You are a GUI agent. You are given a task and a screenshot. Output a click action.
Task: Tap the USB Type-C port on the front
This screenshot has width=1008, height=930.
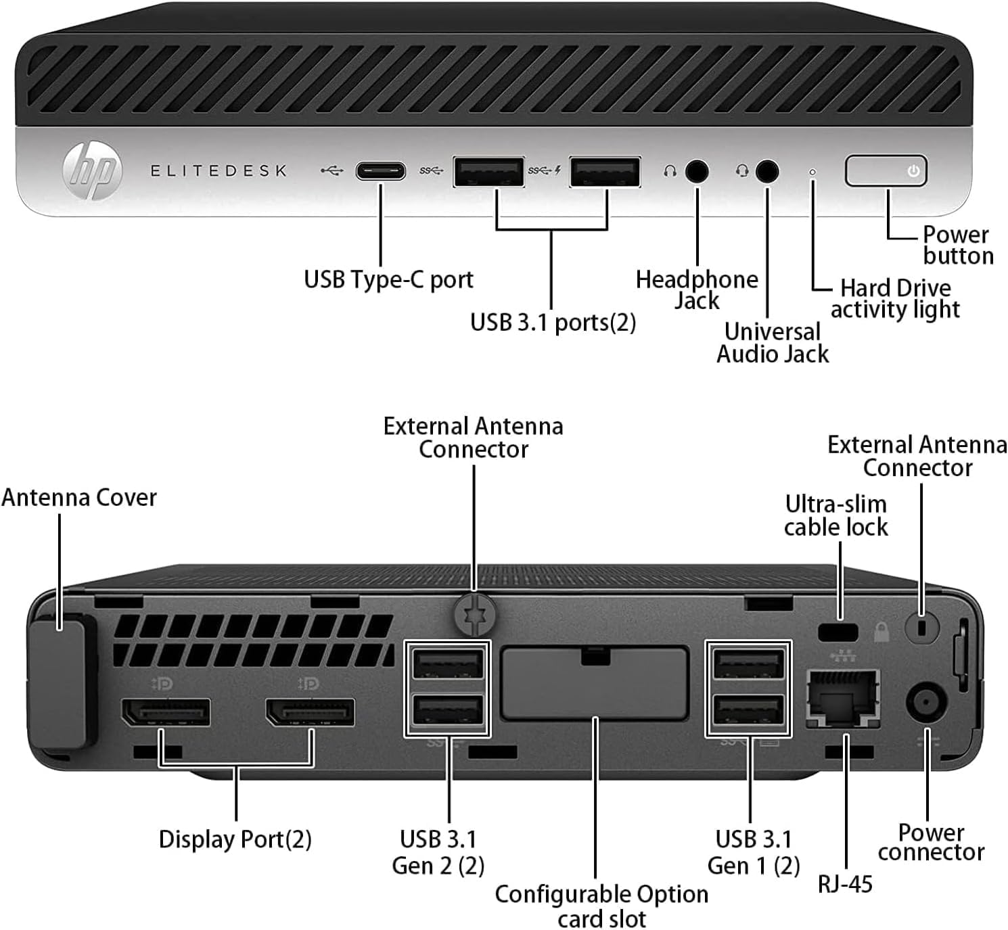coord(381,171)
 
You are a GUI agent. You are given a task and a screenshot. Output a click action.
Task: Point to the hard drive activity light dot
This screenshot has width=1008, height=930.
coord(812,172)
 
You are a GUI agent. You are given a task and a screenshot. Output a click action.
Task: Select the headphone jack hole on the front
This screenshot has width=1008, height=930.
coord(697,172)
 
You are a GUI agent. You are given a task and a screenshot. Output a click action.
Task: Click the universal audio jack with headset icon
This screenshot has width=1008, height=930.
coord(766,172)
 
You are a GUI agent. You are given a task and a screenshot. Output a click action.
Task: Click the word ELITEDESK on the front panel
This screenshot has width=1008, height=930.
coord(219,171)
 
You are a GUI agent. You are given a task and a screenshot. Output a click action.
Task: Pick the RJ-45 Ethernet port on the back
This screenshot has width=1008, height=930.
coord(844,699)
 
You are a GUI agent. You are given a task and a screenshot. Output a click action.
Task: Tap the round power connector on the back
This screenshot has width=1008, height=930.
coord(925,703)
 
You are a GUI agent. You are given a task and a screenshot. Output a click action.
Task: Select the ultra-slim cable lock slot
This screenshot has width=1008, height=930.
coord(838,633)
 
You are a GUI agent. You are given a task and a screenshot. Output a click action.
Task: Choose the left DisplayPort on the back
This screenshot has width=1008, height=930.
coord(166,713)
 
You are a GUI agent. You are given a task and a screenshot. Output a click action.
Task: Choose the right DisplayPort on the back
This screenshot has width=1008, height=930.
coord(311,713)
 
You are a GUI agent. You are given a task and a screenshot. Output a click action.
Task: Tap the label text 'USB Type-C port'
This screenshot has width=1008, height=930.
coord(388,279)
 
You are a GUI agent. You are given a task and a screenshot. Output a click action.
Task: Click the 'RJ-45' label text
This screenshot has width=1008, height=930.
coord(845,884)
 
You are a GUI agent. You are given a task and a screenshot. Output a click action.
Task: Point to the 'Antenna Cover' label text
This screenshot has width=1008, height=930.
coord(79,498)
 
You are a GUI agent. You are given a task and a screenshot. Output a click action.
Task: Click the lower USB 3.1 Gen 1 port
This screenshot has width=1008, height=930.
coord(748,712)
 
